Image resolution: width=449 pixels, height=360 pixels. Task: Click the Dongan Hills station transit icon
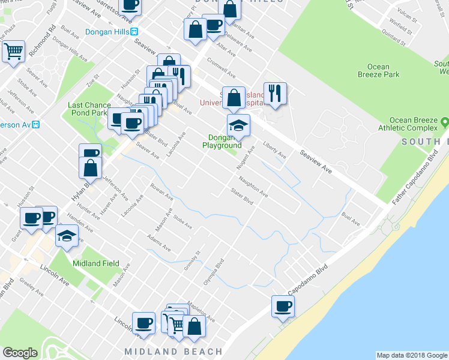[136, 32]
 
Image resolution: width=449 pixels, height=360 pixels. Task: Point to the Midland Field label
[96, 263]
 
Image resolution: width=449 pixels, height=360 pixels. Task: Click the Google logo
[20, 353]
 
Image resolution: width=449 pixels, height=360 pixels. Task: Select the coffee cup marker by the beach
[283, 307]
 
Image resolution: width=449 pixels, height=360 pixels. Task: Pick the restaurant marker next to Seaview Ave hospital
[275, 93]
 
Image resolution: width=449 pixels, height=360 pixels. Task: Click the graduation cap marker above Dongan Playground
[238, 125]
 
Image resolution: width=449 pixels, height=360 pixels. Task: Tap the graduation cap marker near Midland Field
[67, 236]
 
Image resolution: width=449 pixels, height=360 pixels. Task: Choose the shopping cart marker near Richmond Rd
[13, 50]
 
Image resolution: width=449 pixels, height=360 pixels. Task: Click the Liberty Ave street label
[275, 150]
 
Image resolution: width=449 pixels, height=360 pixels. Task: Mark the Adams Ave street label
[158, 242]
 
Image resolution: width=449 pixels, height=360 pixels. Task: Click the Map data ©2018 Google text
[412, 355]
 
